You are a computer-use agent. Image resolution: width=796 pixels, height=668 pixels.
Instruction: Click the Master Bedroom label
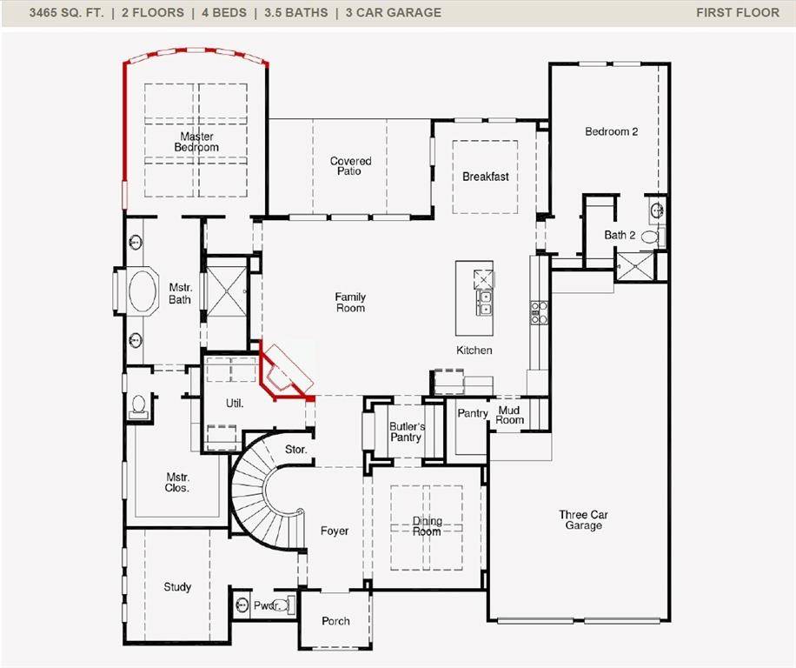pos(196,142)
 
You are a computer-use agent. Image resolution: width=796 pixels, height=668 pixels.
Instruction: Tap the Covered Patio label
pos(350,166)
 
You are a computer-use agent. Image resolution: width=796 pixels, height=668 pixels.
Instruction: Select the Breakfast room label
pos(485,177)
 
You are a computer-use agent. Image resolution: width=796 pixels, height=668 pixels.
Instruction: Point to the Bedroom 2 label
pos(611,131)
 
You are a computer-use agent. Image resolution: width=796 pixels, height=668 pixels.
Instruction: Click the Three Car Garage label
pos(583,520)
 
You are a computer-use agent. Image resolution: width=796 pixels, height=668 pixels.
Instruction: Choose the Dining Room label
pos(427,526)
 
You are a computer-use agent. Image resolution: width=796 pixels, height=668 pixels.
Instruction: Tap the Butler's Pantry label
pos(406,431)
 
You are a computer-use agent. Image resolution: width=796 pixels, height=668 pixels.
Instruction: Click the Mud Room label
pos(509,415)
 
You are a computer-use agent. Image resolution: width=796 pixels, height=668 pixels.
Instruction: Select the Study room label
pos(177,587)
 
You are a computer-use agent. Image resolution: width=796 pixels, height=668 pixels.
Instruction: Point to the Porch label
pos(335,621)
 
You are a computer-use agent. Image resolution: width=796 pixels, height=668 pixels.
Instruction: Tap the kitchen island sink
pos(483,303)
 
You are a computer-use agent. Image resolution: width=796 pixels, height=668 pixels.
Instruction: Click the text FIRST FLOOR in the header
pos(737,12)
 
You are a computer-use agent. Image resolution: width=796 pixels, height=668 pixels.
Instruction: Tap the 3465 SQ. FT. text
pos(66,12)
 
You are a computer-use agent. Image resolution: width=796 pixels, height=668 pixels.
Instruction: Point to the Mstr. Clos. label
pos(177,483)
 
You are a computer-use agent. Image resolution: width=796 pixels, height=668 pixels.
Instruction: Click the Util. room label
pos(234,404)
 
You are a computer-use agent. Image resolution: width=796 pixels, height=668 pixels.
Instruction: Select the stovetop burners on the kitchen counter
pos(539,312)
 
